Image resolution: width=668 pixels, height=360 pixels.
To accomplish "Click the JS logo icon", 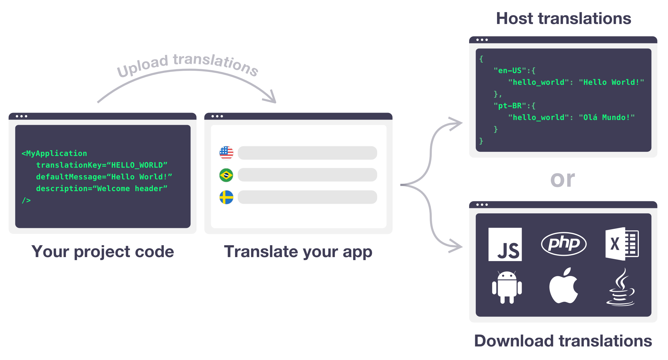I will coord(505,244).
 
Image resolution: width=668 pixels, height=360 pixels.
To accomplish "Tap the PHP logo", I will coord(564,244).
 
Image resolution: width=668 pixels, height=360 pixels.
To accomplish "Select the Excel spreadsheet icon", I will coord(622,244).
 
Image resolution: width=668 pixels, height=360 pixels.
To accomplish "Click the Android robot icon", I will coord(507,287).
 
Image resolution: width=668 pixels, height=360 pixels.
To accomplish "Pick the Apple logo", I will coord(564,286).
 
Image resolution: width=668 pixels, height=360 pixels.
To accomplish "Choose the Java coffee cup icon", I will coord(621,287).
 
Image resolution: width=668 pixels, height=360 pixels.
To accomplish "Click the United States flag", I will coord(226,153).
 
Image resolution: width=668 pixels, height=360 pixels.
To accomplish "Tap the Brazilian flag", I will coord(226,175).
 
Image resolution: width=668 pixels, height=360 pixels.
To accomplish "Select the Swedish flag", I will coord(226,197).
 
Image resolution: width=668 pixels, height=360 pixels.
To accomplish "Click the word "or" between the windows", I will coord(563,179).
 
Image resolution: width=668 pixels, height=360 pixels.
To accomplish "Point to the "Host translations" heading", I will coord(564,19).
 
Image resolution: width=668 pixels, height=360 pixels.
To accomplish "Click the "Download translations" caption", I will coord(563,341).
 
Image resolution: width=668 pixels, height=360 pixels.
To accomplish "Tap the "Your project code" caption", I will coord(103,252).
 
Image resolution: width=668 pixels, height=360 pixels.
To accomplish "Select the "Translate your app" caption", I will coord(298,252).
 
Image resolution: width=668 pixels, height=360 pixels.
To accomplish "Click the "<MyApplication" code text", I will coord(54,154).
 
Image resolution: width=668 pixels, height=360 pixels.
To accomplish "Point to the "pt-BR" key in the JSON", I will coord(510,106).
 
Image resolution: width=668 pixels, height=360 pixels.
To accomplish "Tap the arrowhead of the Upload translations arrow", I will coord(271,98).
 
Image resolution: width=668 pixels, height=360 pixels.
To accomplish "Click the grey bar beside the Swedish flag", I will coord(307,197).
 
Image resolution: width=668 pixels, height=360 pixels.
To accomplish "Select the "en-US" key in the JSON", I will coord(510,71).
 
